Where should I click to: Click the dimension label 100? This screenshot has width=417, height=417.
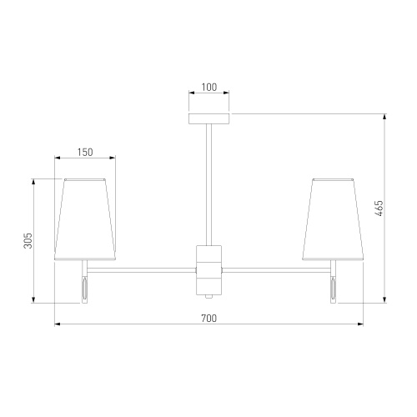[208, 88]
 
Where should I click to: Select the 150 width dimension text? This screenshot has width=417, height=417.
[85, 153]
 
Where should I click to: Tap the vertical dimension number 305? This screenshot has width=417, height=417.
[28, 241]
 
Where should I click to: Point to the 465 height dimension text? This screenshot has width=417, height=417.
[379, 208]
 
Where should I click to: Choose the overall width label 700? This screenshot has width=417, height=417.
[208, 318]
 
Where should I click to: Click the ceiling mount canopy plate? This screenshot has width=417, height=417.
[208, 118]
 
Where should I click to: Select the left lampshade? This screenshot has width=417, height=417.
[85, 219]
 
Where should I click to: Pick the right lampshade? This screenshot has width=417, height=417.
[333, 219]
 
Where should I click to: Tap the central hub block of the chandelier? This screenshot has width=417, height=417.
[208, 270]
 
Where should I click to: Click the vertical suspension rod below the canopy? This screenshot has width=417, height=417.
[208, 184]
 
